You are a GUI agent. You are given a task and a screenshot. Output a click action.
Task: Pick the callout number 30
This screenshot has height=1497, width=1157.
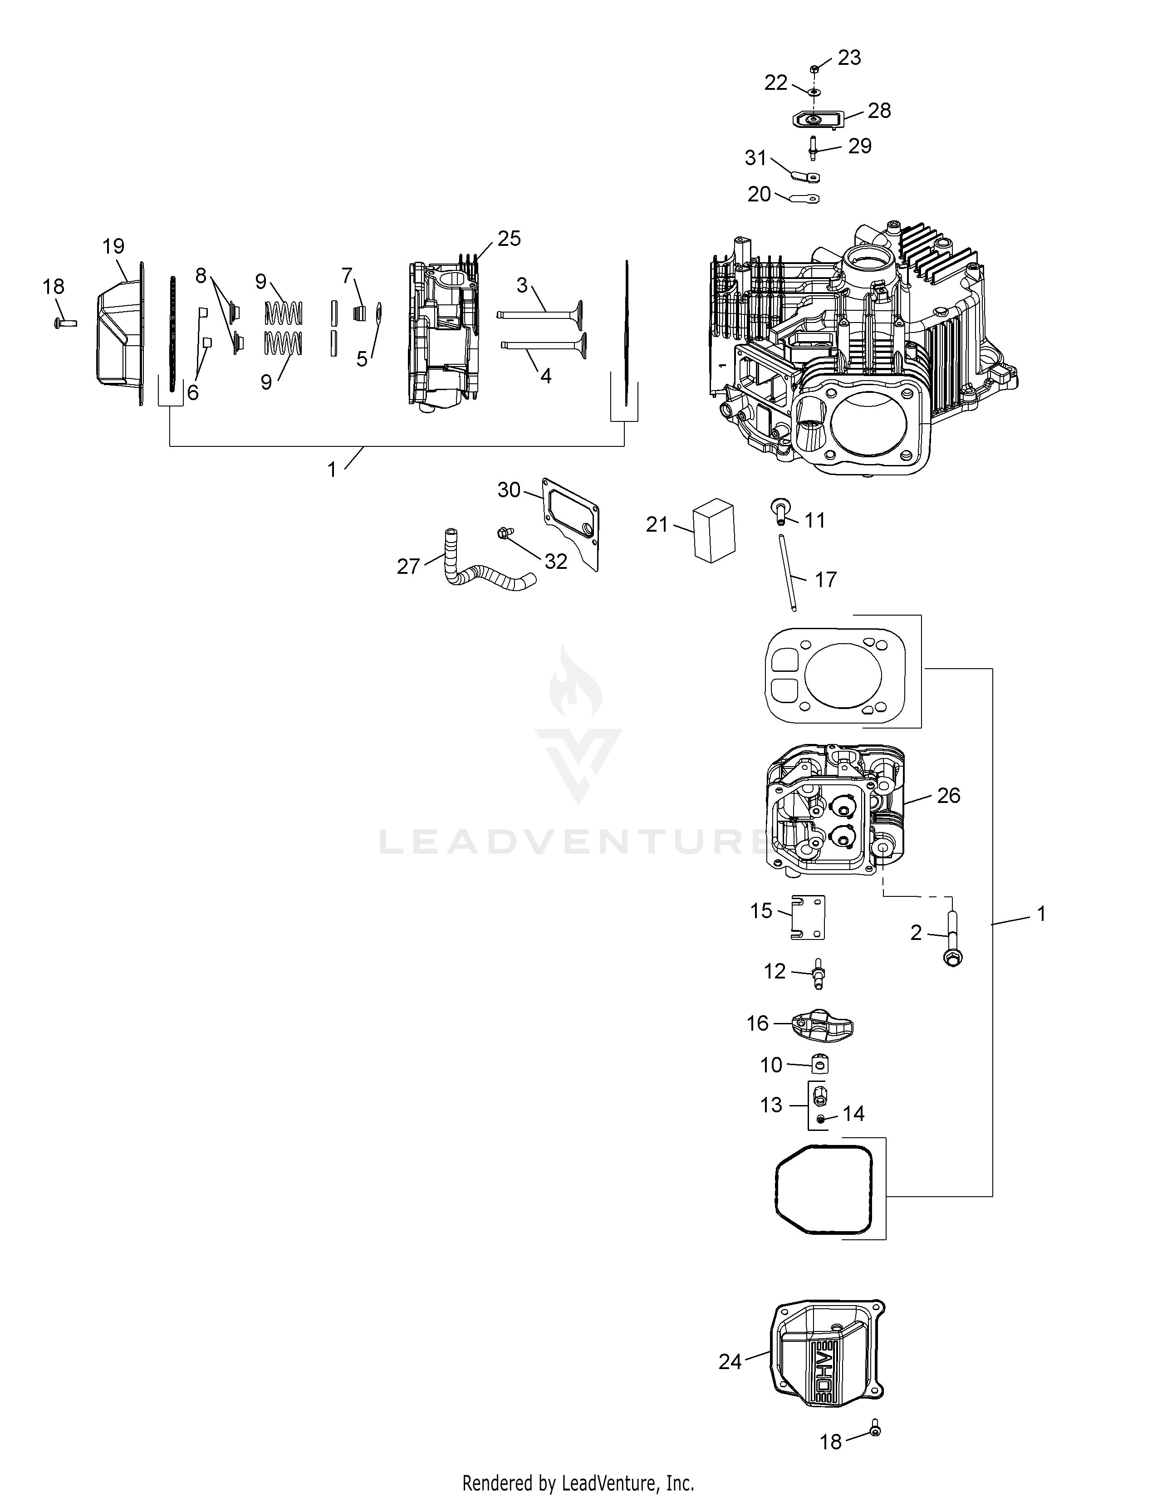(509, 489)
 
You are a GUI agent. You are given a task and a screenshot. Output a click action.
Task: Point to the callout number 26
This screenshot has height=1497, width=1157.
(949, 795)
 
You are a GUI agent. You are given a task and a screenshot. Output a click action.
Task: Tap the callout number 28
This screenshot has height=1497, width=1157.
(879, 110)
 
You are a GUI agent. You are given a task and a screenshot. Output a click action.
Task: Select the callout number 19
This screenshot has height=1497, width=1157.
(114, 246)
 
